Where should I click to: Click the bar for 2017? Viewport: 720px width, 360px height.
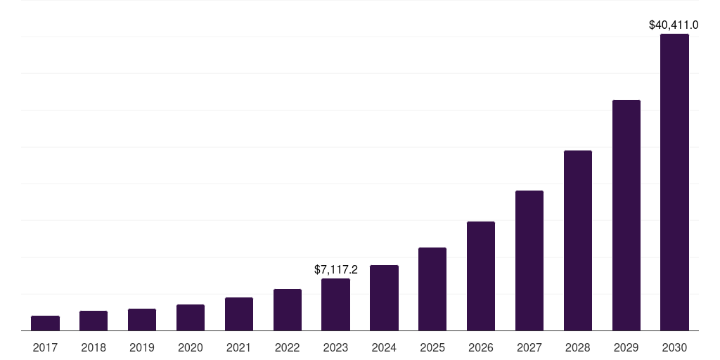coord(45,323)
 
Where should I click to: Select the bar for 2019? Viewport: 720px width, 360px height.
coord(142,320)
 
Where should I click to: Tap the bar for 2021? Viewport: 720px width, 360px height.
coord(239,314)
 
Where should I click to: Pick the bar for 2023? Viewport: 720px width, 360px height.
coord(335,304)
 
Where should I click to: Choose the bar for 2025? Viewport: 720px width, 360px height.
coord(432,289)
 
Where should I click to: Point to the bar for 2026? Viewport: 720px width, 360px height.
coord(481,276)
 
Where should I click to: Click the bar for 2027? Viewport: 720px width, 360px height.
coord(529,261)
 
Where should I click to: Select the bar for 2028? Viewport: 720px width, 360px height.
coord(578,240)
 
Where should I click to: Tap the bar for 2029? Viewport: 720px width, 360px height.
coord(626,215)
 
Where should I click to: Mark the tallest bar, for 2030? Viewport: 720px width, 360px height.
coord(674,182)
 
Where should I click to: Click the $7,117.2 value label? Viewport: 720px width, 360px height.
coord(336,269)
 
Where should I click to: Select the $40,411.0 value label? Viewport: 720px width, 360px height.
coord(674,25)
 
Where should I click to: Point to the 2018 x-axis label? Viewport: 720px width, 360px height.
coord(94,347)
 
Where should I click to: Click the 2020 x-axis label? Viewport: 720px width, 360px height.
coord(191,347)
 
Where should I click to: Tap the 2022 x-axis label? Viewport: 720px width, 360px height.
coord(288,347)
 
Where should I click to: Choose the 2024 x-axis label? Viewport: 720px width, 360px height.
coord(384,347)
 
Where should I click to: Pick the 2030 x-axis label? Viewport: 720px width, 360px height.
coord(674,347)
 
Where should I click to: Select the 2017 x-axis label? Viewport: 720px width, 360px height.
coord(45,347)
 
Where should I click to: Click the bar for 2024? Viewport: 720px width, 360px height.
coord(384,298)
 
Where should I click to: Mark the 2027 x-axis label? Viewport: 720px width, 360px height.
coord(529,347)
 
